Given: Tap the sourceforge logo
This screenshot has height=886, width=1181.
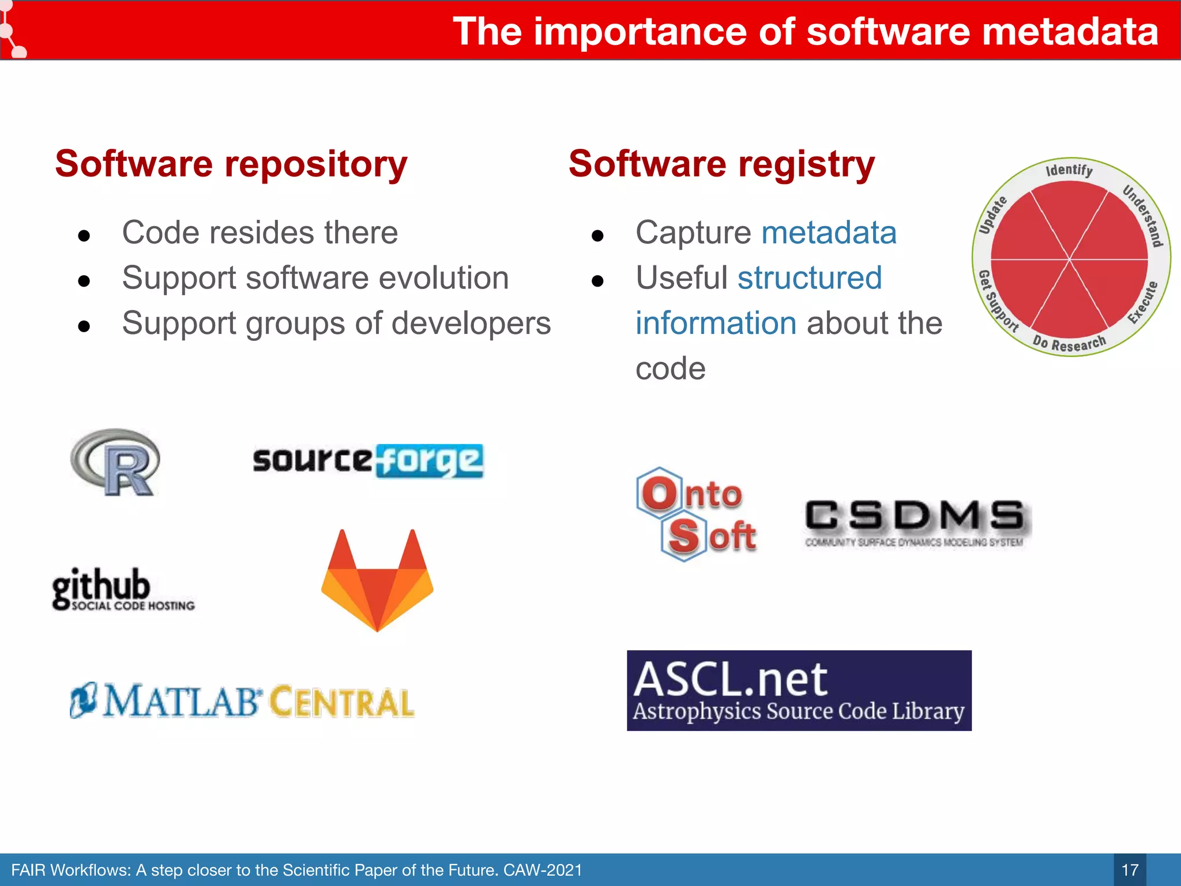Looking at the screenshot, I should pyautogui.click(x=368, y=460).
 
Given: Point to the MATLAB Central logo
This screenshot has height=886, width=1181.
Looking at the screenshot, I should pyautogui.click(x=242, y=701).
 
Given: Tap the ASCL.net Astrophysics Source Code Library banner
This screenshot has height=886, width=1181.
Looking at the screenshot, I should pyautogui.click(x=799, y=690).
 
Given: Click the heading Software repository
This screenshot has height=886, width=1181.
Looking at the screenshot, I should pyautogui.click(x=231, y=164).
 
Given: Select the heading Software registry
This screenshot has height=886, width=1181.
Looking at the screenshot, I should pyautogui.click(x=721, y=164).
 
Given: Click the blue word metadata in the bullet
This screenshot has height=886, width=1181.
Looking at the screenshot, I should pyautogui.click(x=829, y=233).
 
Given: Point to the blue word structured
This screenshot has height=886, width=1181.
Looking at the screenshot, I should pyautogui.click(x=810, y=278).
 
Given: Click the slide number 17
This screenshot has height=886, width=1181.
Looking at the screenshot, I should pyautogui.click(x=1130, y=870).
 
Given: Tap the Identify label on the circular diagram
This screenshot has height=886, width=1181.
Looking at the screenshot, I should pyautogui.click(x=1069, y=170).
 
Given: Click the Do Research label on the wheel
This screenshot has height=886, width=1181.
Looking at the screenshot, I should pyautogui.click(x=1069, y=343).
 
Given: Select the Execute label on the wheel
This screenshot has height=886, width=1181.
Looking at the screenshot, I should pyautogui.click(x=1143, y=303).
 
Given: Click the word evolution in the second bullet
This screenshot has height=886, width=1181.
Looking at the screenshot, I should pyautogui.click(x=443, y=278).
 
